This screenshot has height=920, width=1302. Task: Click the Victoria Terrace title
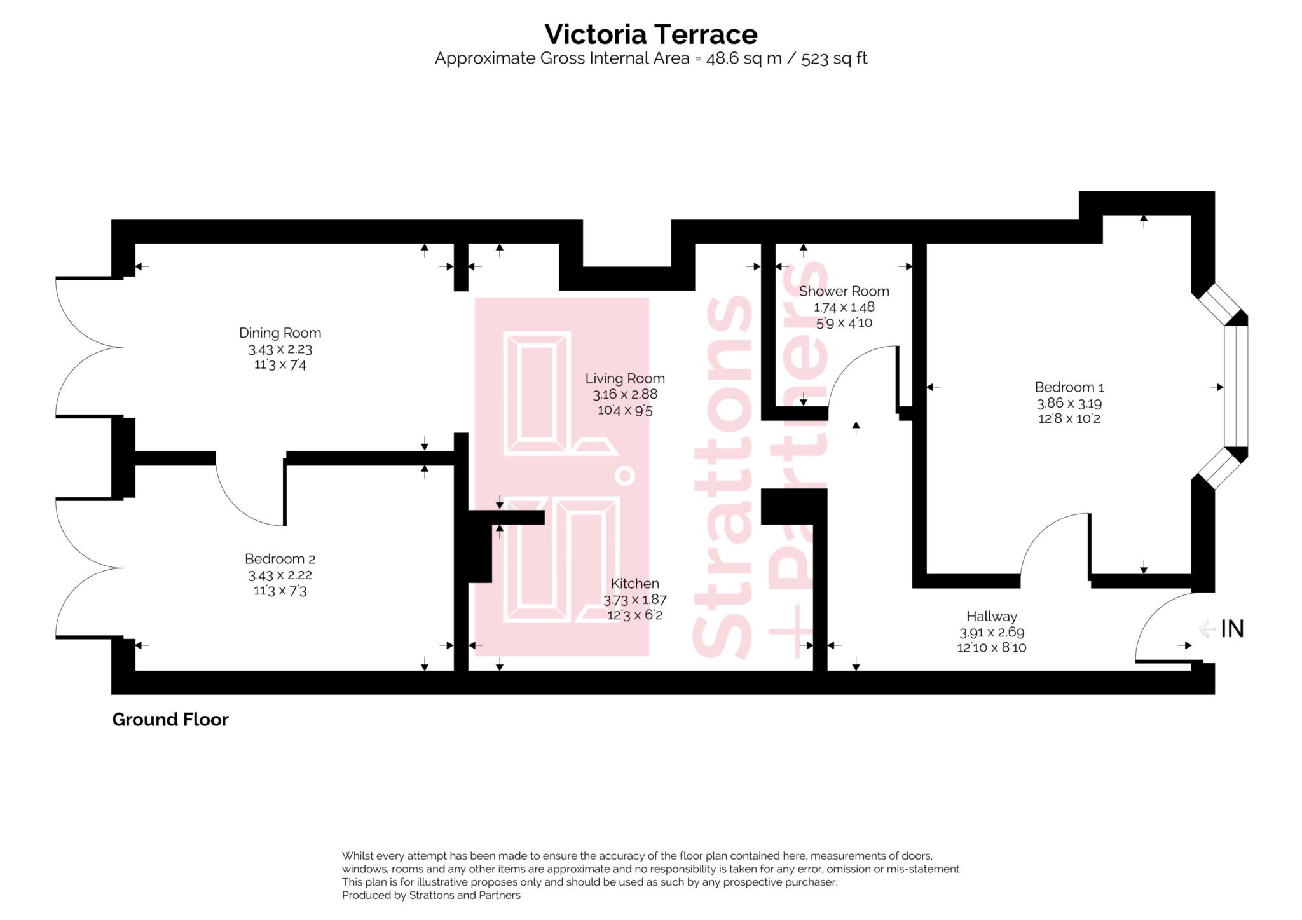click(x=650, y=34)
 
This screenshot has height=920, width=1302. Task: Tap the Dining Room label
click(x=280, y=333)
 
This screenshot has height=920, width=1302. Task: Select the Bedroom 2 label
click(x=280, y=559)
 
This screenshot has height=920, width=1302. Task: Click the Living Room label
click(x=625, y=378)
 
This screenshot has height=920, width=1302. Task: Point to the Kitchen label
click(x=634, y=583)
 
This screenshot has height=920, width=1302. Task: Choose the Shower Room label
click(x=844, y=291)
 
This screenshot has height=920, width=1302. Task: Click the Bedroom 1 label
click(x=1069, y=387)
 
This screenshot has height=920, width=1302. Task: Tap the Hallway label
click(x=991, y=616)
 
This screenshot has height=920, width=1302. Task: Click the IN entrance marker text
click(x=1232, y=629)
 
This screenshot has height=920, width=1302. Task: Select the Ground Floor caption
click(x=170, y=720)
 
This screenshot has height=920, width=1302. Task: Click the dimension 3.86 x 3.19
click(x=1069, y=403)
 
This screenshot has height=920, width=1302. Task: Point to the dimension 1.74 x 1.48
click(x=844, y=307)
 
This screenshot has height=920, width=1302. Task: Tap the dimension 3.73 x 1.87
click(x=634, y=600)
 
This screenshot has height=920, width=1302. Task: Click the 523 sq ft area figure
click(x=833, y=58)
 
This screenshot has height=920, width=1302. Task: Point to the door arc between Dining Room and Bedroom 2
click(x=238, y=505)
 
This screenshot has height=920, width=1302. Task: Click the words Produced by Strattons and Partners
click(x=431, y=895)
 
